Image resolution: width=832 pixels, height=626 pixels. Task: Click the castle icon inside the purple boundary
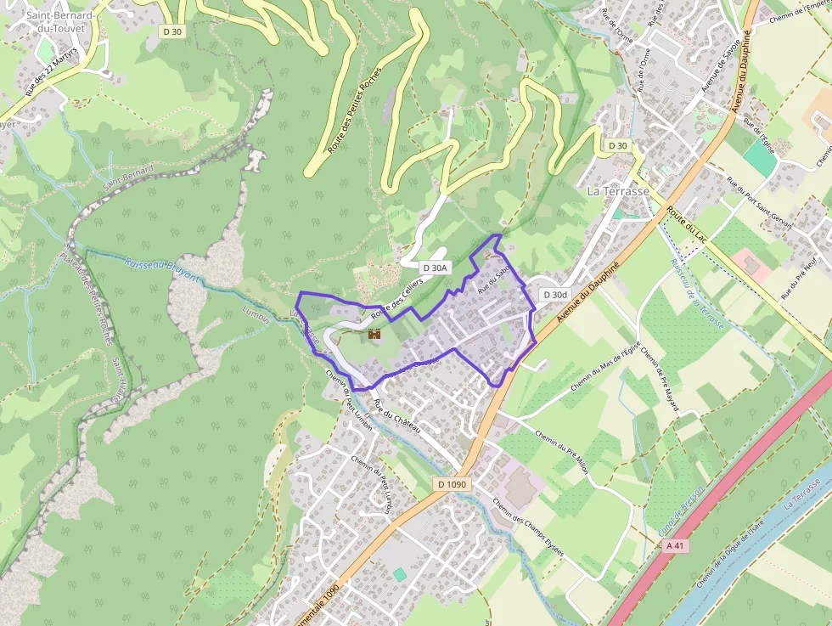pos(373,336)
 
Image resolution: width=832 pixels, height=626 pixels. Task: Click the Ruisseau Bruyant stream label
pos(161,271)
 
